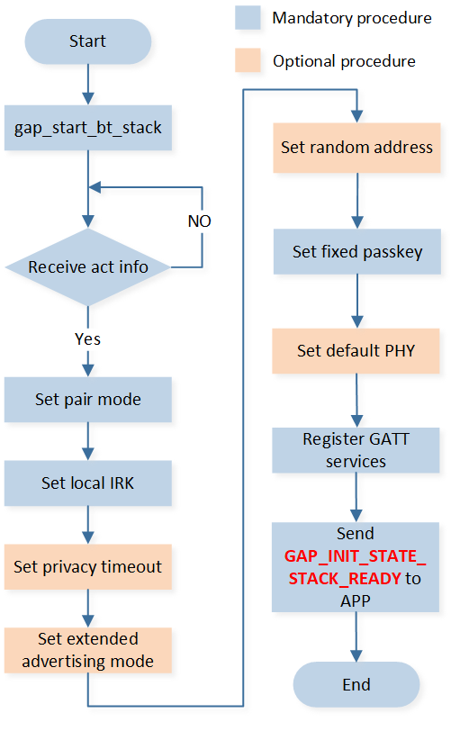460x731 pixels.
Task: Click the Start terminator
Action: click(x=87, y=41)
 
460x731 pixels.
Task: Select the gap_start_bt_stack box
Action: click(x=88, y=128)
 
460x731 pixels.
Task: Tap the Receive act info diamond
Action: click(x=88, y=267)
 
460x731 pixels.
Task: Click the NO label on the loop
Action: click(x=200, y=221)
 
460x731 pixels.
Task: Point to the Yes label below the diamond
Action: click(x=87, y=338)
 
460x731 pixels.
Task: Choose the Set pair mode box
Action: click(x=88, y=400)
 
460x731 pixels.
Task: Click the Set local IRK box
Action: click(x=88, y=483)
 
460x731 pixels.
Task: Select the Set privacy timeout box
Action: click(x=88, y=567)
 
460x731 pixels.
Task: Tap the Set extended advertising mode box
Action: click(x=88, y=650)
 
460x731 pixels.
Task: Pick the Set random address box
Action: click(x=357, y=148)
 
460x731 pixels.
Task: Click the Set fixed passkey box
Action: click(x=357, y=251)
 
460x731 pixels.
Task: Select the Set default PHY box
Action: click(x=356, y=350)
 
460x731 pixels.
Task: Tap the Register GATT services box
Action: click(x=356, y=450)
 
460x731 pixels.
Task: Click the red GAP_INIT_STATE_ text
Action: click(x=356, y=556)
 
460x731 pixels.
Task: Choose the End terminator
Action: click(x=356, y=684)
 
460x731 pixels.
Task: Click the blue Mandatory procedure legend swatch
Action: click(x=248, y=18)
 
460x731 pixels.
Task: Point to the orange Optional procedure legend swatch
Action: click(x=248, y=60)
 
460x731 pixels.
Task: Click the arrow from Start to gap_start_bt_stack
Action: click(x=88, y=85)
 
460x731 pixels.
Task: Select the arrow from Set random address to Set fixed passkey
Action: click(x=357, y=201)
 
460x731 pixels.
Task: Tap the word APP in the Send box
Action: click(x=356, y=601)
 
